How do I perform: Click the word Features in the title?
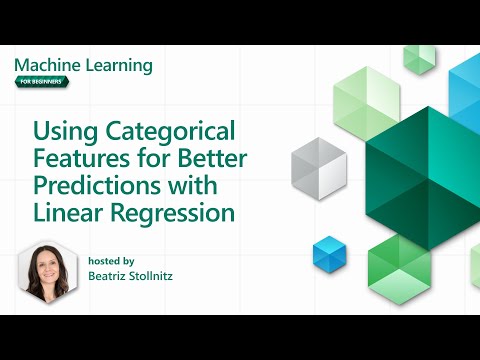point(80,158)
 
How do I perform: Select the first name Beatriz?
point(110,275)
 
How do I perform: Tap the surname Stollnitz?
point(165,275)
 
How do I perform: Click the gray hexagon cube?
point(318,166)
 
